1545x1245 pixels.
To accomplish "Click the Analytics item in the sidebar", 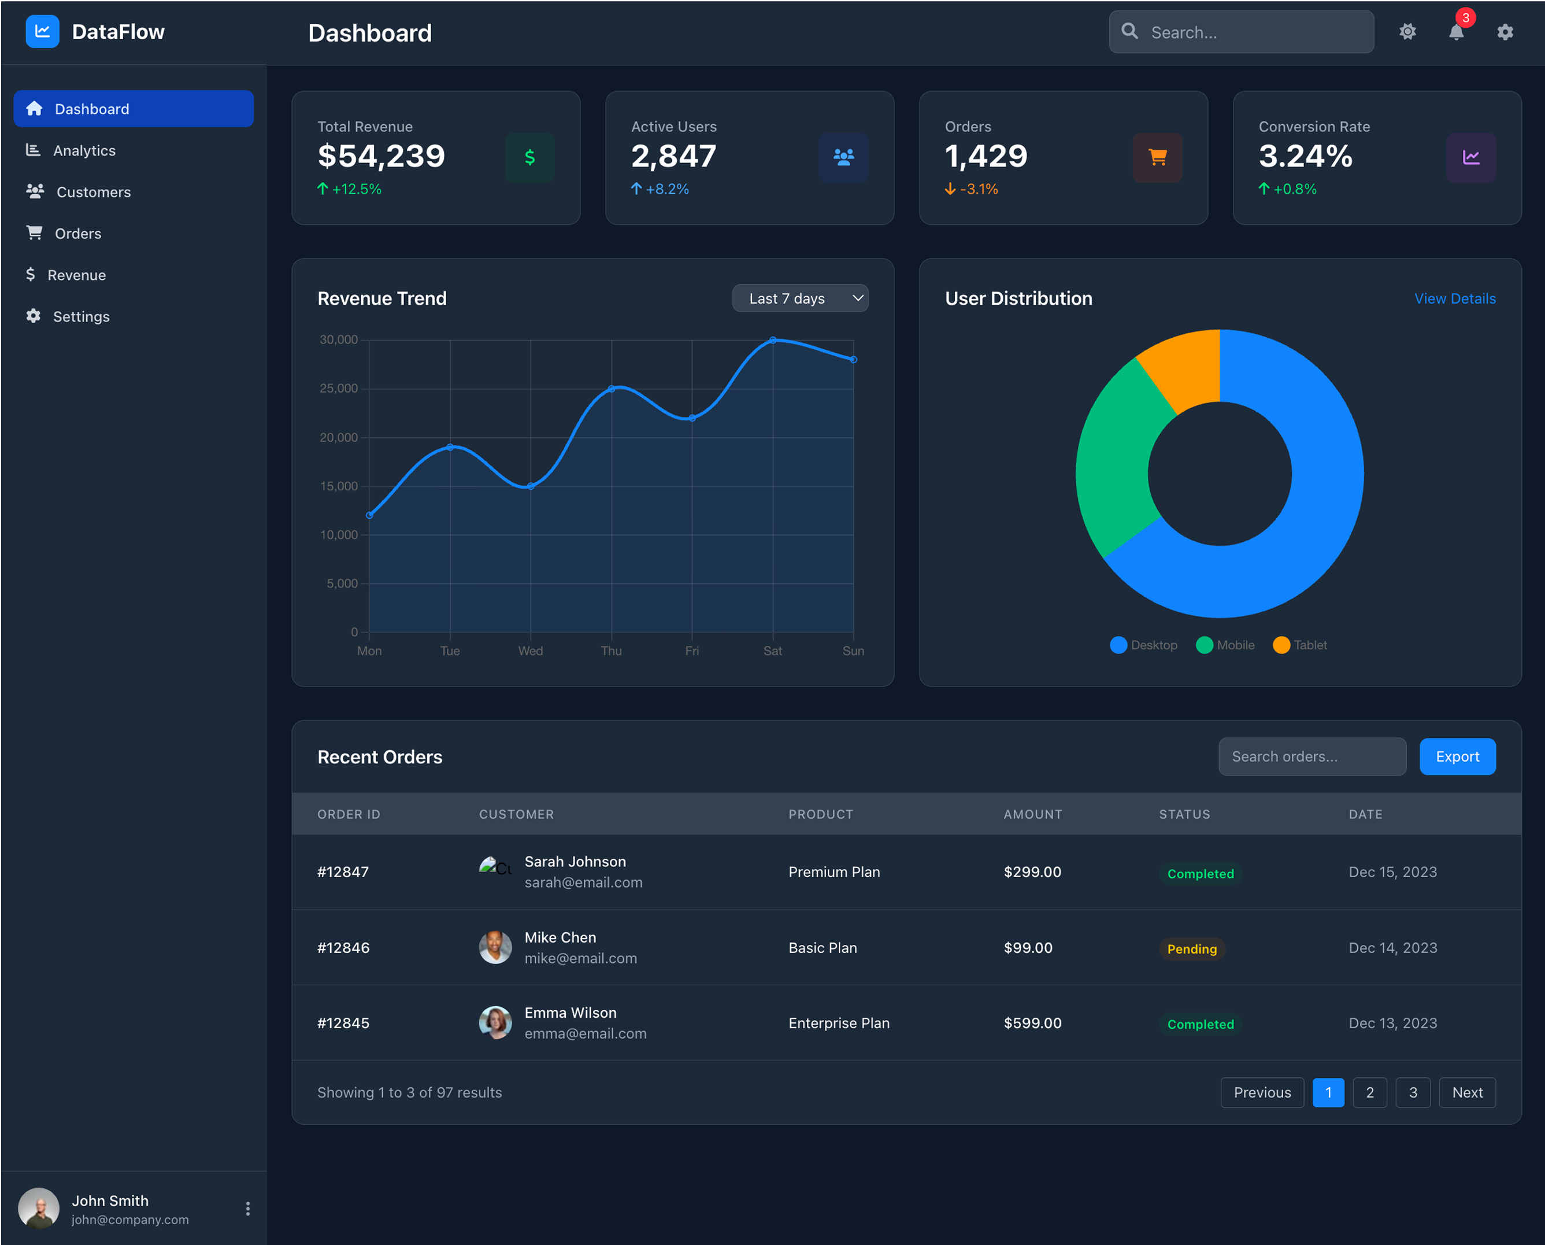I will [x=83, y=150].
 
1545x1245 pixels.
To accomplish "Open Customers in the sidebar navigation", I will [x=92, y=192].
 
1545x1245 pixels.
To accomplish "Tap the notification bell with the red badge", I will [x=1455, y=32].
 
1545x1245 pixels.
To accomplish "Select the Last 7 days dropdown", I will [x=799, y=298].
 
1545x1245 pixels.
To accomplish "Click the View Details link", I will [x=1454, y=298].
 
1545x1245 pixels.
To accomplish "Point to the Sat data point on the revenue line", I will [x=772, y=340].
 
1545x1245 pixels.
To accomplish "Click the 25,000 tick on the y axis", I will [x=338, y=389].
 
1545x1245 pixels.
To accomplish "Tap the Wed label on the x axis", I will [x=530, y=651].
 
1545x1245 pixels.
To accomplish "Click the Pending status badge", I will [x=1191, y=949].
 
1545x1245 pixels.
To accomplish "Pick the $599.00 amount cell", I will [x=1032, y=1023].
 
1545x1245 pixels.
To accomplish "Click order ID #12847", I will [x=343, y=872].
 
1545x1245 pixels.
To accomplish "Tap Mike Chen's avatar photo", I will [x=495, y=947].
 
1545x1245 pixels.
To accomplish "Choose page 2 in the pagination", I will [x=1369, y=1092].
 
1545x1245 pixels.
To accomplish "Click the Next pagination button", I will [x=1466, y=1092].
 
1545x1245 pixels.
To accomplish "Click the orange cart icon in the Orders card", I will [x=1157, y=157].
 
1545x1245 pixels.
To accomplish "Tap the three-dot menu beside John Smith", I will [x=247, y=1209].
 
